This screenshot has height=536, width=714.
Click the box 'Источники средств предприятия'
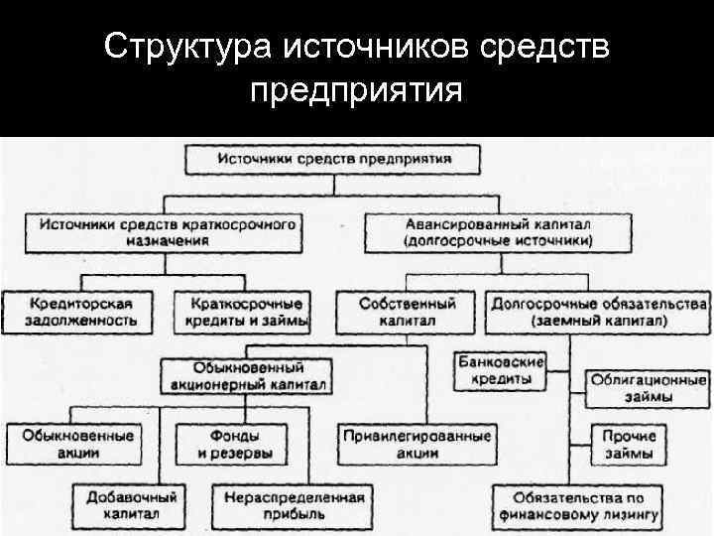pyautogui.click(x=334, y=159)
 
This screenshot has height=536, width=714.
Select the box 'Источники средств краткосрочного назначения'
pyautogui.click(x=167, y=232)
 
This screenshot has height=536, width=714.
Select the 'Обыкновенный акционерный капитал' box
pyautogui.click(x=247, y=375)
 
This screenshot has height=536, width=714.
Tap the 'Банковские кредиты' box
pyautogui.click(x=502, y=370)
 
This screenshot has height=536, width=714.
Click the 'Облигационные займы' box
pyautogui.click(x=649, y=388)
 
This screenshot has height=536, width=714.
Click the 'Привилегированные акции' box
pyautogui.click(x=417, y=444)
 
